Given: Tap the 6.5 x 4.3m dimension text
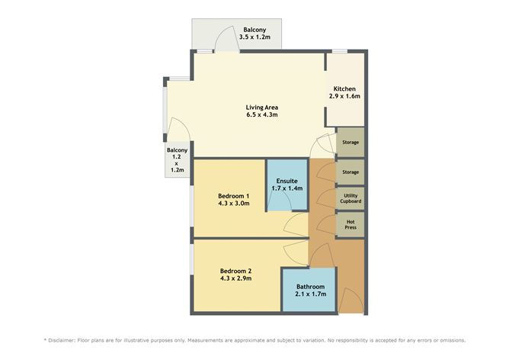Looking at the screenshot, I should coord(261,115).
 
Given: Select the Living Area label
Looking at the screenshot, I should coord(261,106).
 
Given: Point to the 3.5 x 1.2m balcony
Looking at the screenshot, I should coord(237,37).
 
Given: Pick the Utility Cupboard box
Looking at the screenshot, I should coord(351,198).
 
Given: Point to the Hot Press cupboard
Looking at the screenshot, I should coord(351,224).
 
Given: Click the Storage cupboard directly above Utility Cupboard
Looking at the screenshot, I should coord(351,172).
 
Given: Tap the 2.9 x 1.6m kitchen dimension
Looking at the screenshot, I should coord(345,98).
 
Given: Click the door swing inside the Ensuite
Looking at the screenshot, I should coord(280,200).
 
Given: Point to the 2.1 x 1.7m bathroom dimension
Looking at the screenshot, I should coord(310,294).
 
